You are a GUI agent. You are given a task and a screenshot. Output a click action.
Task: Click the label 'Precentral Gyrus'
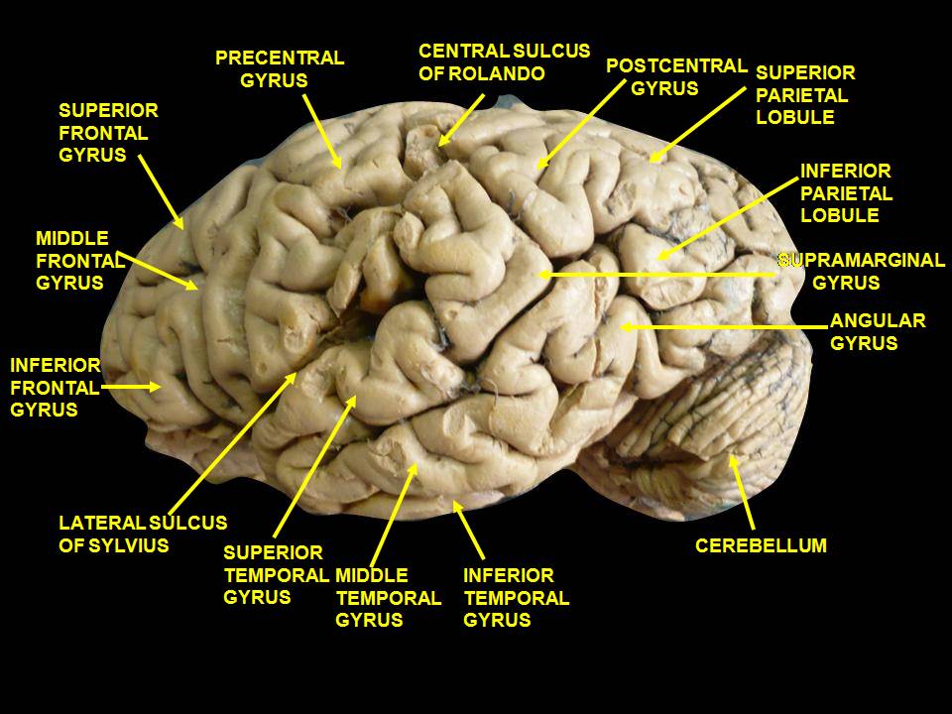pos(280,69)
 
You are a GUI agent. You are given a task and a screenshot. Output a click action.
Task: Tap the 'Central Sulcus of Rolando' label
pos(505,61)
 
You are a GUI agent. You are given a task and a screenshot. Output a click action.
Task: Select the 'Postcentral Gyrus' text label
pos(676,76)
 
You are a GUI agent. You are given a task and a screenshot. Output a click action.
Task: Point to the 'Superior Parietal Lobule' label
pos(805,95)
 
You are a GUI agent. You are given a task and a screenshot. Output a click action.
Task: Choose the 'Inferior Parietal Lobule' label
pos(846,192)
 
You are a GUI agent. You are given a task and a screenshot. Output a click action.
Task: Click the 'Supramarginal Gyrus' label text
pos(862,271)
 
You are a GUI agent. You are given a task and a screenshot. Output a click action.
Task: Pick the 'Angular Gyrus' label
pos(878,331)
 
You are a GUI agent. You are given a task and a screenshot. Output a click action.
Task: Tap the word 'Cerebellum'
pos(761,545)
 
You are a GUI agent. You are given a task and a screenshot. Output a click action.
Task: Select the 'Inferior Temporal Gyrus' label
pos(516,597)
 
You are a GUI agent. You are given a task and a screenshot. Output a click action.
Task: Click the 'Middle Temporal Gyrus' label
pos(388,597)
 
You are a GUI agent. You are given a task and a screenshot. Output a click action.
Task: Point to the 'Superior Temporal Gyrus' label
pos(277,575)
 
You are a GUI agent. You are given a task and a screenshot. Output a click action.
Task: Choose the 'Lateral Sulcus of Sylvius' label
pos(143,534)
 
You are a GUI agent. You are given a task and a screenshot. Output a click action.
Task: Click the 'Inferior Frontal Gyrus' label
pos(56,388)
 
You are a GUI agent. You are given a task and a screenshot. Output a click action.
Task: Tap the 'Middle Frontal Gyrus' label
pos(80,261)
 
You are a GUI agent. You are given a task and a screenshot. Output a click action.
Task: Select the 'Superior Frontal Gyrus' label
pos(108,132)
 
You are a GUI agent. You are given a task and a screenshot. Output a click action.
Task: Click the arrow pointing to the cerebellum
pos(742,493)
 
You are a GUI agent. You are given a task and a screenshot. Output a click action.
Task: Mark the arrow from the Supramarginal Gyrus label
pos(656,275)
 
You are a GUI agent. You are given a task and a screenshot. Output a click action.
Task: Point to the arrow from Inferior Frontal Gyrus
pos(131,386)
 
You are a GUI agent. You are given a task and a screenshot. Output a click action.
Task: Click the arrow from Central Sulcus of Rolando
pos(461,120)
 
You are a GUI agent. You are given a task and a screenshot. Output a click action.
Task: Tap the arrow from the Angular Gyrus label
pos(724,327)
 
